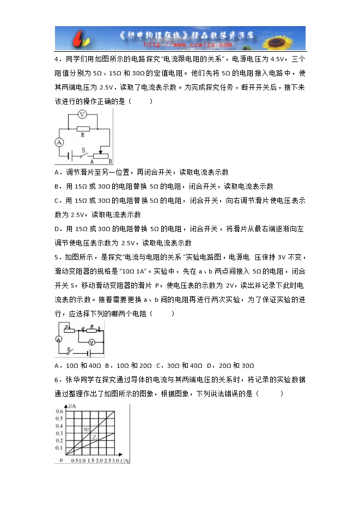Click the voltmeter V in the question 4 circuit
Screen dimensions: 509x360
point(82,114)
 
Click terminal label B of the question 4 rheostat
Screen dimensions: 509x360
point(110,162)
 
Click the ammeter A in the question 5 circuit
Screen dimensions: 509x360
point(58,339)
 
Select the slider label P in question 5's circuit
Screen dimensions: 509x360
point(66,326)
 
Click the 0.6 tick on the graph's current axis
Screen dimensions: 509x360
point(59,411)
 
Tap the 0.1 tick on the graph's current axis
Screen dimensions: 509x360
point(59,447)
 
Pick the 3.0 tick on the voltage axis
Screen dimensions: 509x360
point(115,461)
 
